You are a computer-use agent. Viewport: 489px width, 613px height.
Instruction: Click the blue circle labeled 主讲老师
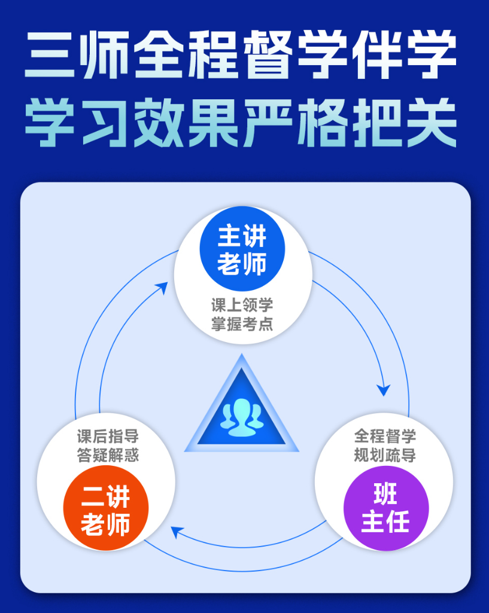tap(242, 249)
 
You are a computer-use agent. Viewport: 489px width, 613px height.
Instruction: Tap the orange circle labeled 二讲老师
tap(106, 508)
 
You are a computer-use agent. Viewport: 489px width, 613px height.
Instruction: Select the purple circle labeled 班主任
tap(386, 508)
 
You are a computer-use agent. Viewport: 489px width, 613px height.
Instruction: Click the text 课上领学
tap(242, 305)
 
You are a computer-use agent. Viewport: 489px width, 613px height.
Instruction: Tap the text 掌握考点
tap(242, 324)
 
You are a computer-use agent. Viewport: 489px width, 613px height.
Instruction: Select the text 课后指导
tap(108, 436)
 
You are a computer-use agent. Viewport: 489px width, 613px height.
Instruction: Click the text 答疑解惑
tap(108, 455)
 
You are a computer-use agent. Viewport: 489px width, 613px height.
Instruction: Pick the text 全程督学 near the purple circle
tap(385, 436)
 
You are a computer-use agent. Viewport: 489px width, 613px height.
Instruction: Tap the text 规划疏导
tap(385, 455)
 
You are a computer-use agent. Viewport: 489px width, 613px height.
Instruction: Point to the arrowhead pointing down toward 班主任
tap(384, 390)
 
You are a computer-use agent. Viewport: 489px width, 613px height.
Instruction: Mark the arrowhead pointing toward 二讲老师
tap(177, 532)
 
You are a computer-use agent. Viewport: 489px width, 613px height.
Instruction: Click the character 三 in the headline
tap(50, 55)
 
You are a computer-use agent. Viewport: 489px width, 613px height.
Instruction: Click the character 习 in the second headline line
tap(104, 123)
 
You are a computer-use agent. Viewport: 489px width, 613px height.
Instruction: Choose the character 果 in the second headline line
tap(214, 123)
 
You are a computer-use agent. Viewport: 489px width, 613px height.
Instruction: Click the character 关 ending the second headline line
tap(432, 123)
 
